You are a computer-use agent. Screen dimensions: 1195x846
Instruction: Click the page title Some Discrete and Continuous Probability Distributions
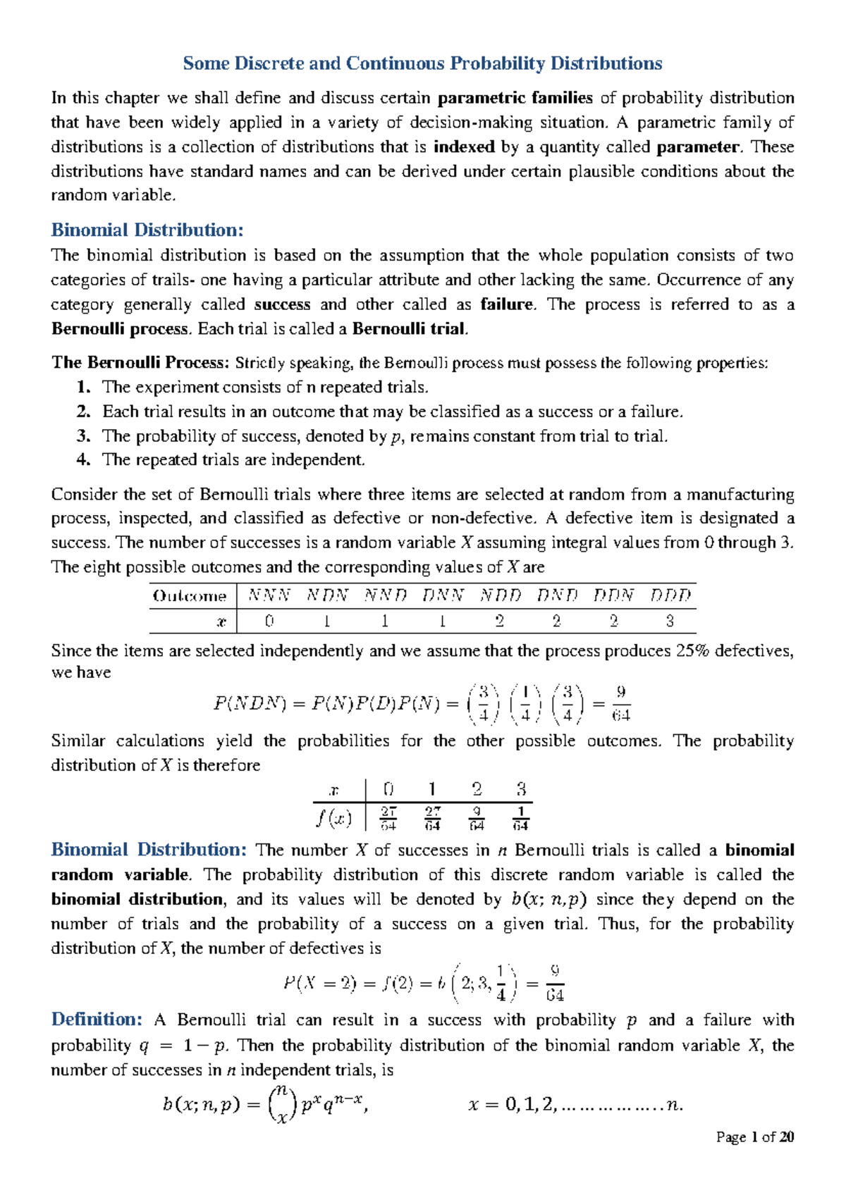[422, 63]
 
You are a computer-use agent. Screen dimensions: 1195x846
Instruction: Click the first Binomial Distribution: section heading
[147, 230]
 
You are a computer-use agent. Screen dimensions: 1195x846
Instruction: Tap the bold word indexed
[464, 147]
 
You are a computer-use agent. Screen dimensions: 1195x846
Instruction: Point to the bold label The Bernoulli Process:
[140, 363]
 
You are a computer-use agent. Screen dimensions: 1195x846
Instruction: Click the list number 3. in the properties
[84, 436]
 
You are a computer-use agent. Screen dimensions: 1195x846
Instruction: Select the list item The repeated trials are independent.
[233, 460]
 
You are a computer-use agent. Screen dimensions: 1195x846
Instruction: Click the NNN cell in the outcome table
[269, 596]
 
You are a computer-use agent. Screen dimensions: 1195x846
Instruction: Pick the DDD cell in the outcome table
[670, 596]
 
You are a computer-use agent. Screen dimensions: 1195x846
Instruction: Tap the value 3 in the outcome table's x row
[670, 621]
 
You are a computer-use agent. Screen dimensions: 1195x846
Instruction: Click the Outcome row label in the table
[189, 596]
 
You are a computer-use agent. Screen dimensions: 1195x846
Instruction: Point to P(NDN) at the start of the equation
[249, 703]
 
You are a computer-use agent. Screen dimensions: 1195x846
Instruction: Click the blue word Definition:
[97, 1020]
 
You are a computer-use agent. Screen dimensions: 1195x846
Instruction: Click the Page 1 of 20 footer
[754, 1137]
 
